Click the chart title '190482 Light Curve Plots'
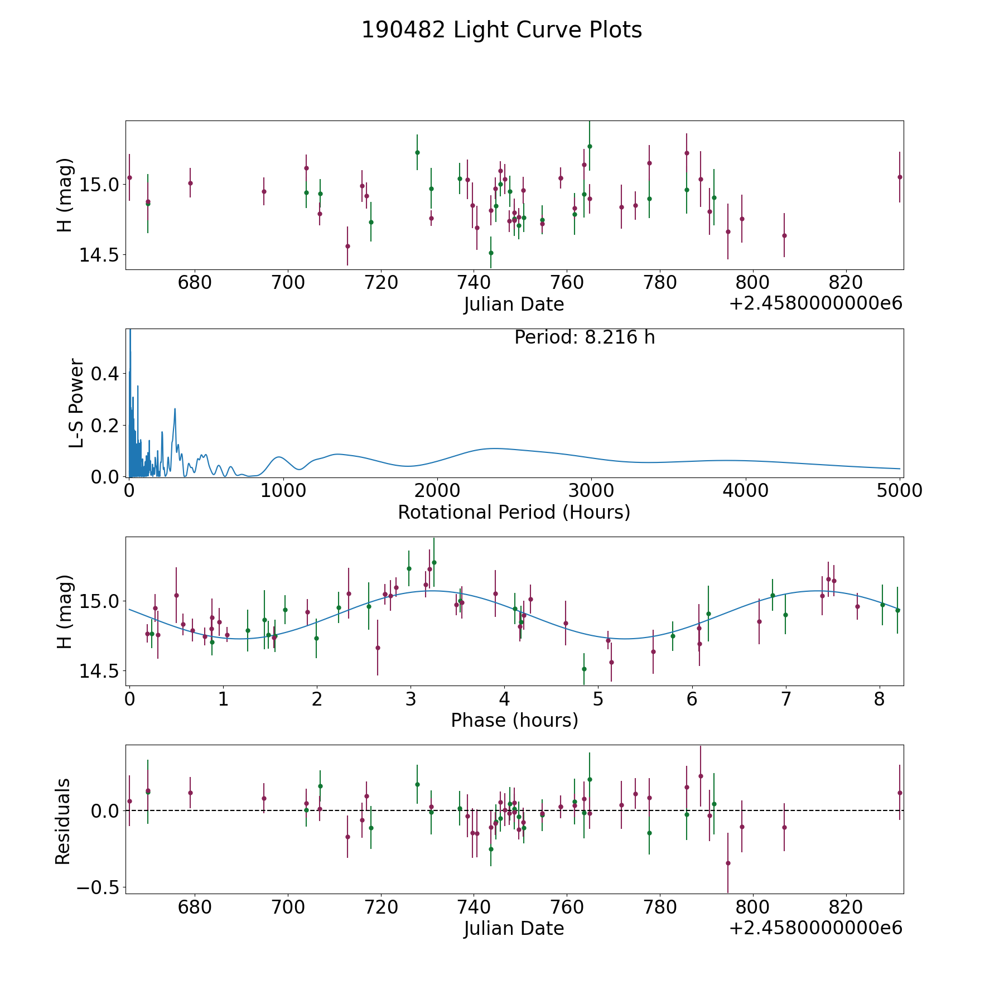[x=501, y=30]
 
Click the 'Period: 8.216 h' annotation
[x=584, y=337]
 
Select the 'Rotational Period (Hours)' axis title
[x=514, y=512]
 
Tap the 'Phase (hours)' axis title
[x=514, y=720]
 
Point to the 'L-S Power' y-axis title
[x=77, y=403]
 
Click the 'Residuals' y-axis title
[x=63, y=821]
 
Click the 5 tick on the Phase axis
[x=598, y=699]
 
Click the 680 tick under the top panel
[x=195, y=283]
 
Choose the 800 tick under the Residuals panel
[x=752, y=907]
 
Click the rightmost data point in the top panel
[x=899, y=177]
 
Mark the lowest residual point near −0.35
[x=728, y=863]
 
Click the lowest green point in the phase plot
[x=584, y=669]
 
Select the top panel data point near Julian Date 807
[x=784, y=235]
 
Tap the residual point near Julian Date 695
[x=264, y=798]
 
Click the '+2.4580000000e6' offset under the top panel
[x=815, y=304]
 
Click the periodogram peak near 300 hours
[x=175, y=409]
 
